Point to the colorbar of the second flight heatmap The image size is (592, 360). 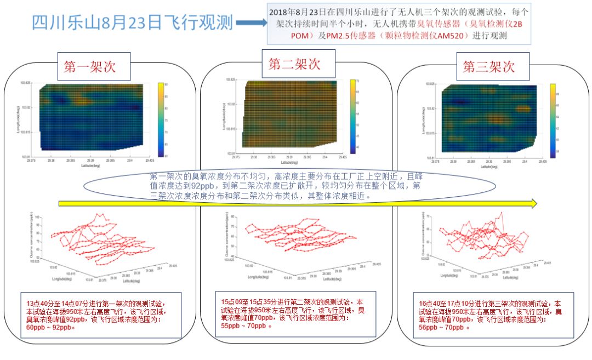coord(353,115)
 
